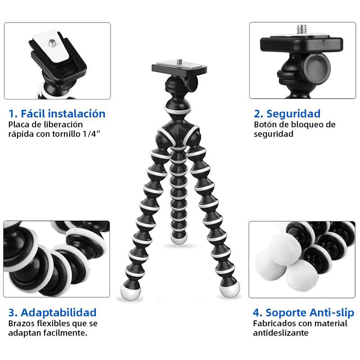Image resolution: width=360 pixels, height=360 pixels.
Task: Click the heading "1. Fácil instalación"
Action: [57, 113]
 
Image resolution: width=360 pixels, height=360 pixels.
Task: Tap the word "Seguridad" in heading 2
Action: [293, 113]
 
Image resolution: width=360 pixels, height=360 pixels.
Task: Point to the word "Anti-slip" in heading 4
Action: [331, 312]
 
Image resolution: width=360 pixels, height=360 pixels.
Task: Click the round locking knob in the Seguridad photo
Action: [316, 67]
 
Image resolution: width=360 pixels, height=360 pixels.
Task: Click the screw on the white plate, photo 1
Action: [53, 43]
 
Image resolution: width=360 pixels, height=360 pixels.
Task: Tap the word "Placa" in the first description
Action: [18, 125]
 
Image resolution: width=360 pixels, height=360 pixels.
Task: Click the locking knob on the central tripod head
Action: [192, 83]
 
